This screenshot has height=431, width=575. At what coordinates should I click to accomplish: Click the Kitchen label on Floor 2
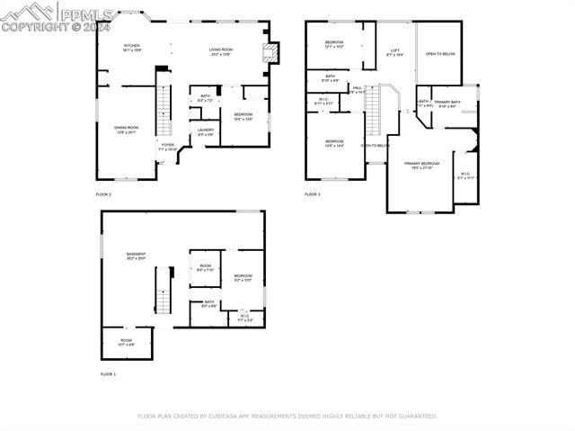[x=132, y=47]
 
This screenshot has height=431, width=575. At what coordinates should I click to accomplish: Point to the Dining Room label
[x=126, y=130]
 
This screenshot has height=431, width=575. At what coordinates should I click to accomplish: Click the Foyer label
[x=167, y=146]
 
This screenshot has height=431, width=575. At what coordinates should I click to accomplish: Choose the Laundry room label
[x=206, y=132]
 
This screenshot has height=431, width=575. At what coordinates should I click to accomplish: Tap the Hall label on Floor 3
[x=357, y=89]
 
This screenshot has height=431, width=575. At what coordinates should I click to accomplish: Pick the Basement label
[x=137, y=256]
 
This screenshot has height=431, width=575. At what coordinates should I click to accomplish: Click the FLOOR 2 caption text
[x=103, y=194]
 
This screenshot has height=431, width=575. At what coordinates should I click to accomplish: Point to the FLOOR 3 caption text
[x=312, y=194]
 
